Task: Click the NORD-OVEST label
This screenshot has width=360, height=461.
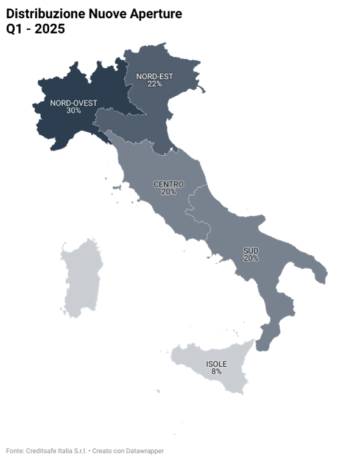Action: click(73, 103)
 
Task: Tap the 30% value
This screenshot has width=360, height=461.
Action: click(73, 111)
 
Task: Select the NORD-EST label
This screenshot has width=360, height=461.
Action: click(154, 76)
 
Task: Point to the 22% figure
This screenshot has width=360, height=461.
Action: click(154, 84)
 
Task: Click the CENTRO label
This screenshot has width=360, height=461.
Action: click(169, 184)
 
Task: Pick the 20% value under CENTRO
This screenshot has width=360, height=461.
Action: click(169, 192)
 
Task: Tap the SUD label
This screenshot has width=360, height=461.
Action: click(251, 250)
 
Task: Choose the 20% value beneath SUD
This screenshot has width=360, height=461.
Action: click(251, 258)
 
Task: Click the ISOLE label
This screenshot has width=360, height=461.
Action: click(216, 364)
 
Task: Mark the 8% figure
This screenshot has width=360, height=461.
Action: click(216, 371)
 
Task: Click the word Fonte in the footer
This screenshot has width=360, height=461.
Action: click(15, 451)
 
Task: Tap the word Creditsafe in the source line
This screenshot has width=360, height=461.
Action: click(42, 451)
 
